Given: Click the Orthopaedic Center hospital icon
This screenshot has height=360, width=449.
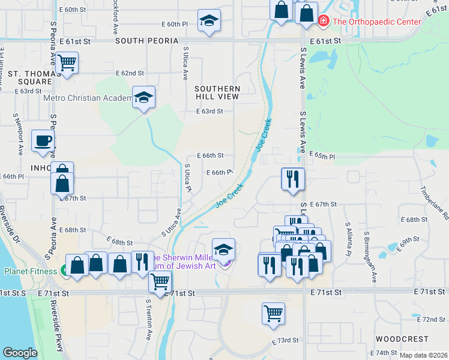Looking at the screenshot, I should click(x=324, y=22).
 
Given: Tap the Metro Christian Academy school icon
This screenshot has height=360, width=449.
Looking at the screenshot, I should click(x=143, y=97).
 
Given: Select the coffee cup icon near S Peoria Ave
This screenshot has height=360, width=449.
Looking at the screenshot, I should click(x=43, y=141).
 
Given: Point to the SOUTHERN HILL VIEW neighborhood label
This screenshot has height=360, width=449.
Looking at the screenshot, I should click(x=217, y=92).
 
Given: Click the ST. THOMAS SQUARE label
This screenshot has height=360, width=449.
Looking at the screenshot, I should click(x=26, y=77).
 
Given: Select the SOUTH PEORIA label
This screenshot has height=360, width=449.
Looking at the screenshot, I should click(x=147, y=41).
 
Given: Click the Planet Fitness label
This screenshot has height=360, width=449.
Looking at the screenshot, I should click(x=30, y=271).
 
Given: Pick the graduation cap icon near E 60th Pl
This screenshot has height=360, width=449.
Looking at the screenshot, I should click(x=208, y=21).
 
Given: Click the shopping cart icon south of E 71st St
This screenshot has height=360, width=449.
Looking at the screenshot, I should click(x=273, y=313).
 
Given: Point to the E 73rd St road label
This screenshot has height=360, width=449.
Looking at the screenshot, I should click(x=285, y=341).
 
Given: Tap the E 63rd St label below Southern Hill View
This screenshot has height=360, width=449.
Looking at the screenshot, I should click(x=209, y=111).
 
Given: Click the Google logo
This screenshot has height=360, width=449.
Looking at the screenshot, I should click(x=20, y=353).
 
